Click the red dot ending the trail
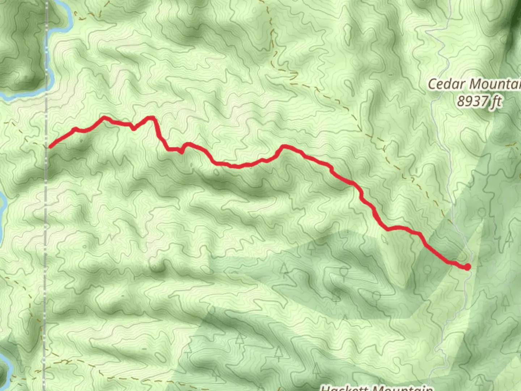pos(467,267)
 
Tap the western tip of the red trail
pos(50,147)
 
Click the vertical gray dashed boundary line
pos(46,217)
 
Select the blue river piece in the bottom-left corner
pos(5,366)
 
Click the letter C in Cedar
pos(432,84)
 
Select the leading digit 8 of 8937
pos(460,101)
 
